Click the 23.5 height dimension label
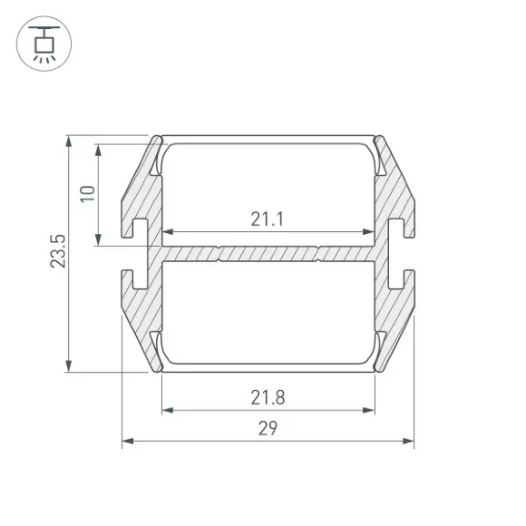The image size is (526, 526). [x=58, y=251]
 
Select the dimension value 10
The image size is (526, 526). [x=88, y=193]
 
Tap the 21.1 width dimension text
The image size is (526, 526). [x=268, y=219]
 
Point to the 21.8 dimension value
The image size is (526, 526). [x=268, y=397]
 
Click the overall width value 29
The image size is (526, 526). [x=268, y=428]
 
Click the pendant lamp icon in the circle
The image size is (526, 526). [x=44, y=44]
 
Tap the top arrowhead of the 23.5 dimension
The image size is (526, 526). [x=69, y=141]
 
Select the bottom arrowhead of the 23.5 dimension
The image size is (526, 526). [x=69, y=366]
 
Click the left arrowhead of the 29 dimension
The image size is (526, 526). [x=128, y=441]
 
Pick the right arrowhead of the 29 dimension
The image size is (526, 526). [x=408, y=441]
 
